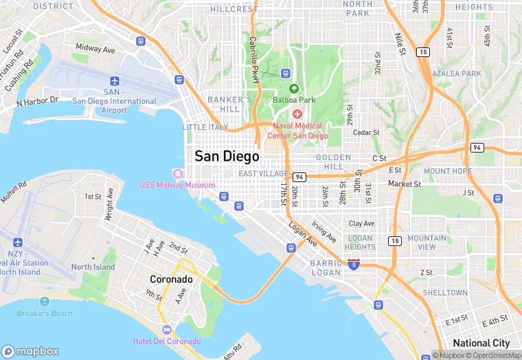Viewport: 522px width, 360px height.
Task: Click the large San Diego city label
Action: coord(227,156)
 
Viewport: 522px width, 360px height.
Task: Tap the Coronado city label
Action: coord(171,280)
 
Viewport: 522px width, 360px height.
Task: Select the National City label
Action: coord(481,343)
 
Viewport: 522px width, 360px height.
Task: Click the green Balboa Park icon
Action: coord(294,89)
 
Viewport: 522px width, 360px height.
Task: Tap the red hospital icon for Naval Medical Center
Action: coord(297,113)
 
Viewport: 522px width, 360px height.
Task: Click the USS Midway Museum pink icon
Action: coord(179,173)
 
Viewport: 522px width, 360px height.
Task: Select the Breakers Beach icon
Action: coord(45,302)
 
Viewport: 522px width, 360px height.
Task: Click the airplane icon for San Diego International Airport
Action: coord(114,80)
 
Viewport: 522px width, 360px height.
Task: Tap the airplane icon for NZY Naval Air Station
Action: coord(17,243)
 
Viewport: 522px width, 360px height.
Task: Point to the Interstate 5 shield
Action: coord(353,264)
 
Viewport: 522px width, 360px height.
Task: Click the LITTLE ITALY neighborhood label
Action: coord(205,127)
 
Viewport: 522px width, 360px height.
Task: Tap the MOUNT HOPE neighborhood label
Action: coord(447,171)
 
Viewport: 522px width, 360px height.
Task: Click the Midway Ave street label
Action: coord(95,49)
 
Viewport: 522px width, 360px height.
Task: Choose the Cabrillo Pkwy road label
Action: coord(253,60)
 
